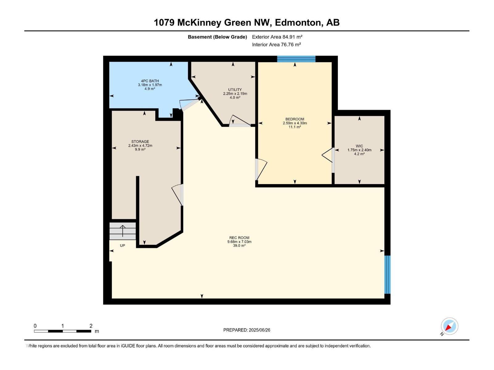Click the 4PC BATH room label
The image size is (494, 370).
pos(150,81)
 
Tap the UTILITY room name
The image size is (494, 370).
pos(235,90)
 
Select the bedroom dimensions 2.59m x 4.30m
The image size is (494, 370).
pos(295,123)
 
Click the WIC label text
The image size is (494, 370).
pos(359,146)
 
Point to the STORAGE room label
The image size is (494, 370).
pos(140,142)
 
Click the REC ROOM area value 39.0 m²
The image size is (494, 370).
pos(239,246)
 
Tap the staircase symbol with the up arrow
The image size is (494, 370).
pos(123,231)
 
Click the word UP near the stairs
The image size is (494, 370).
pos(123,246)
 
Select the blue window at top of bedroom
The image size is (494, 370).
pos(296,59)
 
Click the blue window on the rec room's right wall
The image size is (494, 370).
pos(387,274)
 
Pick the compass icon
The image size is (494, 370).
pos(449,326)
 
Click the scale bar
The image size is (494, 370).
pos(62,331)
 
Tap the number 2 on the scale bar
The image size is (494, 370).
pos(91,326)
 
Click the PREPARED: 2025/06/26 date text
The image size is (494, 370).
pos(247,330)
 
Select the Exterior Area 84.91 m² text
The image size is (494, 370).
pos(277,37)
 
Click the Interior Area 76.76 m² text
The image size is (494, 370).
pos(276,44)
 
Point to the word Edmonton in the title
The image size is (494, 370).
pos(298,23)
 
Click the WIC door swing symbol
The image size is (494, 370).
pos(327,155)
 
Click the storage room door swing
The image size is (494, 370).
pos(177,194)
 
